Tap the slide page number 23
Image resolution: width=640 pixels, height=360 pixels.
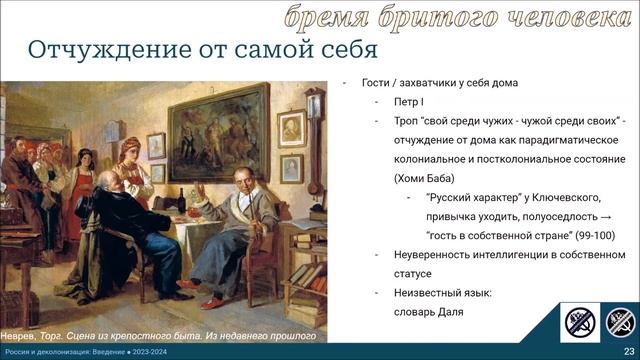pyautogui.click(x=627, y=352)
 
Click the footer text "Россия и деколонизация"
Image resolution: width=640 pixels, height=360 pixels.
pyautogui.click(x=50, y=352)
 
